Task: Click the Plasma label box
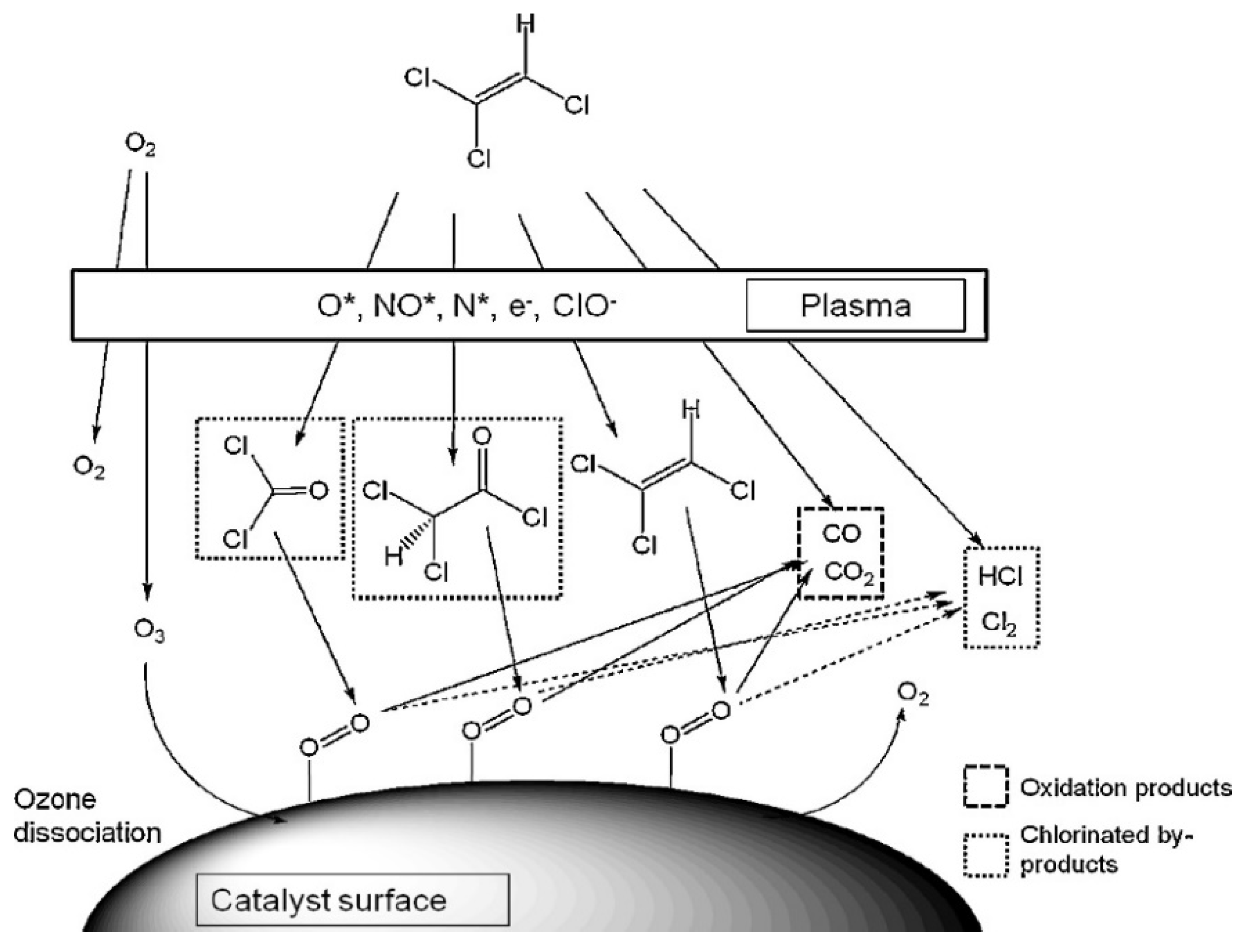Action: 855,306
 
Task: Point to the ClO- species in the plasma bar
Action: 581,307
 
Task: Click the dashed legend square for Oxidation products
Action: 986,787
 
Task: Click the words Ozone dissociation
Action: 87,816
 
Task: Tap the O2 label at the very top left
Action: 140,146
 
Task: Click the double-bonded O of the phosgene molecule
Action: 318,491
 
